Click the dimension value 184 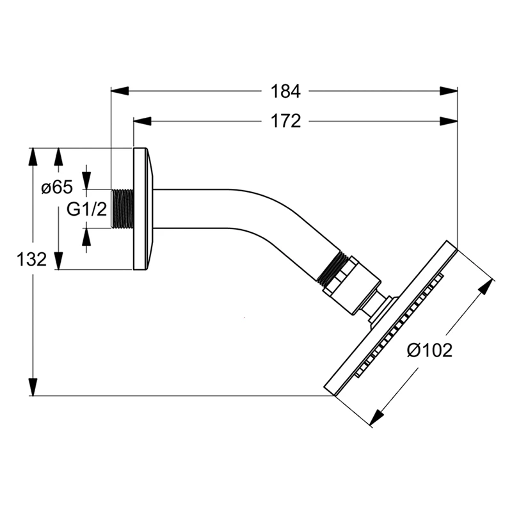(x=285, y=92)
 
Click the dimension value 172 (x=285, y=121)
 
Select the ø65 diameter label (x=56, y=188)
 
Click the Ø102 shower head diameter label (x=429, y=350)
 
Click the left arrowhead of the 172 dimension (x=141, y=121)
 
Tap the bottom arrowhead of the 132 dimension (x=32, y=387)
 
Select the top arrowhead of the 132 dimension (x=32, y=157)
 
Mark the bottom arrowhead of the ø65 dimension (x=58, y=260)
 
